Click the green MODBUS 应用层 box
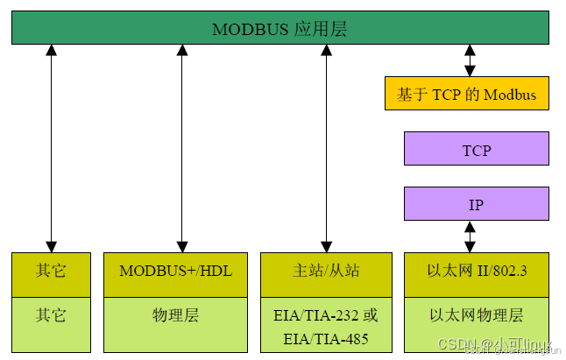pyautogui.click(x=280, y=29)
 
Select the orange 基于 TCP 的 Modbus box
pyautogui.click(x=467, y=94)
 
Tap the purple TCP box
pyautogui.click(x=476, y=149)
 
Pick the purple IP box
pyautogui.click(x=476, y=204)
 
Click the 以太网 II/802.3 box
pyautogui.click(x=476, y=272)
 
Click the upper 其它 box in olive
pyautogui.click(x=51, y=272)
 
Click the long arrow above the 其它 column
pyautogui.click(x=52, y=149)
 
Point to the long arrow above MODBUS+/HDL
pyautogui.click(x=182, y=149)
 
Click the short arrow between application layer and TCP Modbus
pyautogui.click(x=470, y=60)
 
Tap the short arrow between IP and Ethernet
pyautogui.click(x=470, y=236)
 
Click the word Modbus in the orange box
pyautogui.click(x=510, y=95)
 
